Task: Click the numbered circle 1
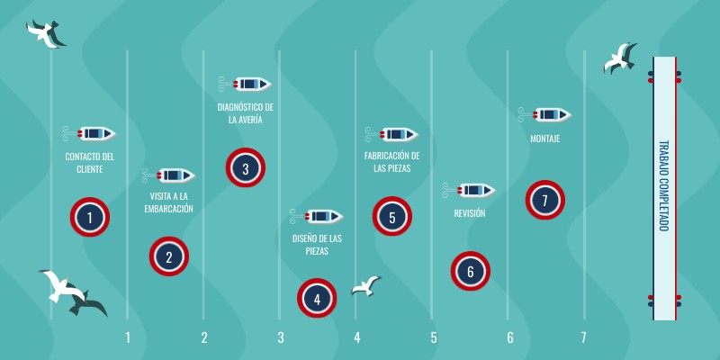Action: click(89, 217)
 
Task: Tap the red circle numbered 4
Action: click(317, 298)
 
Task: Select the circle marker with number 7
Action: click(545, 200)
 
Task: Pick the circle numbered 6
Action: click(470, 271)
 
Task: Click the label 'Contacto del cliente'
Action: click(89, 163)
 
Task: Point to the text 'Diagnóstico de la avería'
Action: click(245, 113)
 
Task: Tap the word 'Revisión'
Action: click(469, 213)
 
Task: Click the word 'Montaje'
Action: click(545, 139)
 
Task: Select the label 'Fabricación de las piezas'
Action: click(392, 162)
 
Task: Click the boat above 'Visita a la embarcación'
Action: click(168, 175)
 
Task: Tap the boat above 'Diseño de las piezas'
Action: click(317, 216)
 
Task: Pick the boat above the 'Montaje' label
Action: click(545, 114)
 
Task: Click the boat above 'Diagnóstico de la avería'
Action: click(245, 84)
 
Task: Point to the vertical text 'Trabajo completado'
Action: click(664, 185)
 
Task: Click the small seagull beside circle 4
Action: click(366, 285)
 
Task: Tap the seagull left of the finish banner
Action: click(620, 58)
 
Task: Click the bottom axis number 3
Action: click(281, 338)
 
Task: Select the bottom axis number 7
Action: click(583, 338)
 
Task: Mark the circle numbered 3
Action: click(245, 167)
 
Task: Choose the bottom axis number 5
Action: click(434, 338)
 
